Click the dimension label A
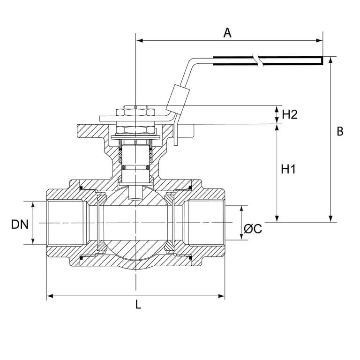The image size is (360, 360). tap(227, 33)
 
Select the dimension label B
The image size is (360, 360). tap(340, 132)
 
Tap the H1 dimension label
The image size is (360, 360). tap(288, 169)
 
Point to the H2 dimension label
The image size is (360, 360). tap(290, 114)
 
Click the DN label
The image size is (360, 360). tap(20, 225)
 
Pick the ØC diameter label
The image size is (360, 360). tap(253, 229)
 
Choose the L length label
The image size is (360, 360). tap(138, 305)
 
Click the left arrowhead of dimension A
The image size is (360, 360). tap(140, 41)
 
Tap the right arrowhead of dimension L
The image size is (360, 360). tap(221, 296)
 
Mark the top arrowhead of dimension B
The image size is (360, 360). tap(330, 60)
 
